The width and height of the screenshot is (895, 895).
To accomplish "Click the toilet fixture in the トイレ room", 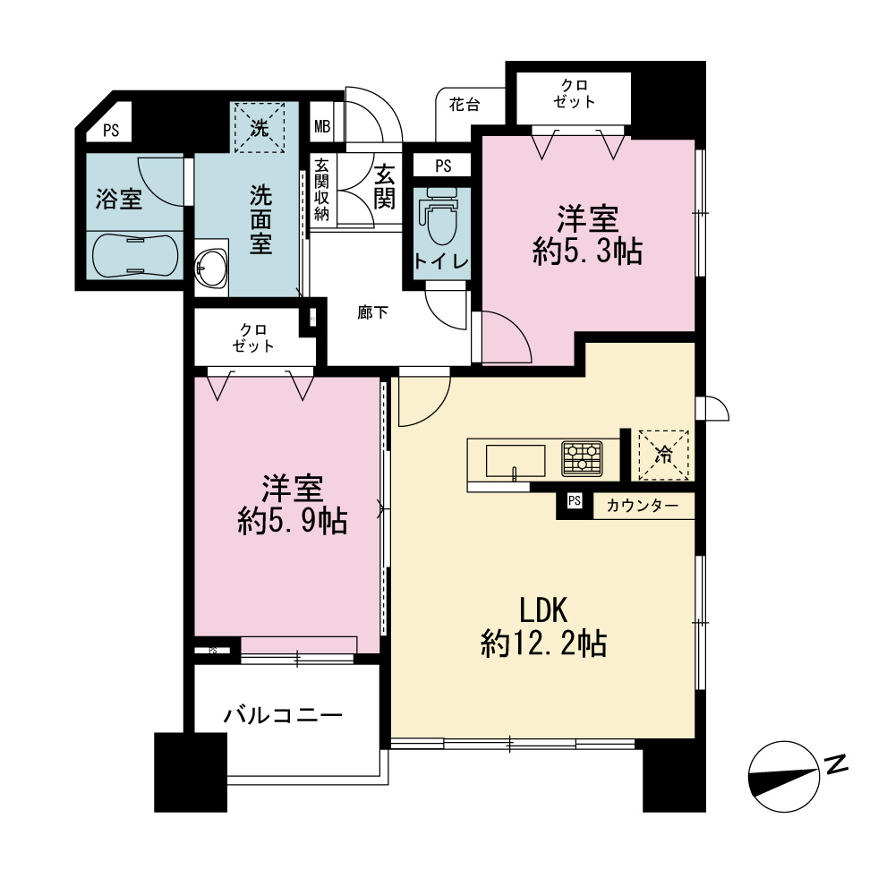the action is coord(439,220).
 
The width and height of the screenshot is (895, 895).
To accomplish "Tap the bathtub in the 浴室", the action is coord(135,256).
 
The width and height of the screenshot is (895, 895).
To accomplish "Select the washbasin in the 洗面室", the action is coord(210,268).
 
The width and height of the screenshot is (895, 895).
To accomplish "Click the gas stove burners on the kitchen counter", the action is coord(582,457).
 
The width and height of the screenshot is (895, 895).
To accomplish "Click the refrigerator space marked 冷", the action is coord(662,455).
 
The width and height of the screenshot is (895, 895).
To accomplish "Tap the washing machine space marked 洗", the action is coord(260,127).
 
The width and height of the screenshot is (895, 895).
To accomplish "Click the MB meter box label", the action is coord(322,126).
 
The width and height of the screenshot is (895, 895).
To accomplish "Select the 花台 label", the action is coord(464,105).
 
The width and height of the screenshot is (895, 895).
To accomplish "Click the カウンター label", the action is coord(642,506).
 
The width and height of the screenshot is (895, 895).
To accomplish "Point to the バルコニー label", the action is coord(283,714).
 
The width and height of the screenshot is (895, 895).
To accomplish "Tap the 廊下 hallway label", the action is coord(372,312).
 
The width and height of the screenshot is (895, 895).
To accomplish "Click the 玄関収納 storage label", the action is coord(321,190).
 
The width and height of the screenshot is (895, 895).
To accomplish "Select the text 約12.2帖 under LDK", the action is coord(543,644).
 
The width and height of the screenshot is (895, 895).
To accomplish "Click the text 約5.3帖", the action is coord(587,251).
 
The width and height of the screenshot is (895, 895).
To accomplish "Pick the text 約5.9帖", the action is coord(293,521).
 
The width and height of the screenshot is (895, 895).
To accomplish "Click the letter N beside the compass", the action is coord(836,763).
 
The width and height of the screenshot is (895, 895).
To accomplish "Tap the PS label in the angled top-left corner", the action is coord(111,131).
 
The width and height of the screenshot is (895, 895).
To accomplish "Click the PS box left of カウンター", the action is coord(575,500).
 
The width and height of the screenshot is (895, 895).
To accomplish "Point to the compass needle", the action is coord(784,777).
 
